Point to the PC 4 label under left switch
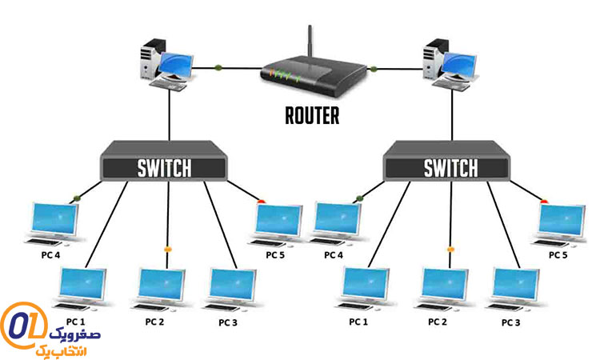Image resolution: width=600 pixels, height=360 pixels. click(50, 254)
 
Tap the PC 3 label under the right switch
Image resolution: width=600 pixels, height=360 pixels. click(510, 322)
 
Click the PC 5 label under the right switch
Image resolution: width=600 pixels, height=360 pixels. click(558, 254)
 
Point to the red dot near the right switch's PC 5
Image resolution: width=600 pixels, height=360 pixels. click(545, 201)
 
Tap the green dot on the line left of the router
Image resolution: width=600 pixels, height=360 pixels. click(218, 67)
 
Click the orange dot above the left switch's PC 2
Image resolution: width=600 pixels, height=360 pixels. click(168, 250)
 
